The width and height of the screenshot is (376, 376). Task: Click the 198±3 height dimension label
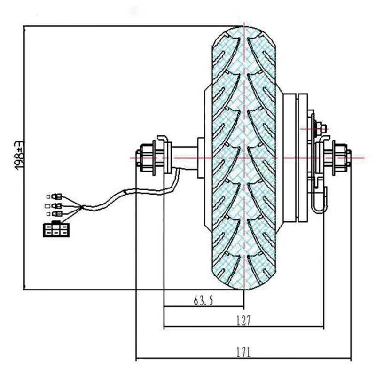coord(19,155)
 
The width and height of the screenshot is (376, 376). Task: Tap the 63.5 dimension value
coord(204,300)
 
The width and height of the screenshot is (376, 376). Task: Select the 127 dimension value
coord(243,321)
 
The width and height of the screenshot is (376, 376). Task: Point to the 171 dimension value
coord(243,352)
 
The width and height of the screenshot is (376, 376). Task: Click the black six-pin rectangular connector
coord(56,230)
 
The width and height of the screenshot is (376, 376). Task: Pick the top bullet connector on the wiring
coord(56,196)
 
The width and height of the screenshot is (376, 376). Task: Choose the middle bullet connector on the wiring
coord(56,206)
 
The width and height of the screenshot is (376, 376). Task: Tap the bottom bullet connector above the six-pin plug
coord(57,213)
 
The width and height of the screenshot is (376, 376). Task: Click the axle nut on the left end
coord(146,158)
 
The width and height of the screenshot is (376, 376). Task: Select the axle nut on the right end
coord(340,158)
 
